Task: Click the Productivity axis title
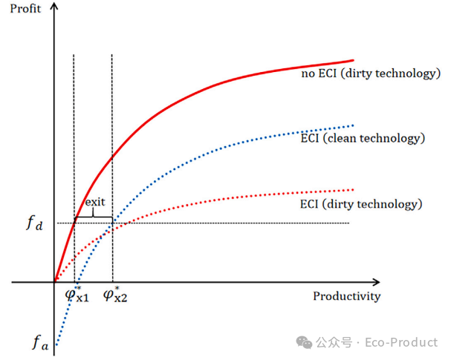click(x=346, y=297)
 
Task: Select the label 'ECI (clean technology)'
click(x=363, y=139)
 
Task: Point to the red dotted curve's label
click(x=361, y=204)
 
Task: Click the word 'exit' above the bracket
click(x=94, y=202)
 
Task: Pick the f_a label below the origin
click(x=39, y=342)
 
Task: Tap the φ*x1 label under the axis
click(x=77, y=296)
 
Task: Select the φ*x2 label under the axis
click(x=116, y=296)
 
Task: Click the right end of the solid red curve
click(x=351, y=60)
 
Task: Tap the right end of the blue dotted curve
click(x=354, y=125)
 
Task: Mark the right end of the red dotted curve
click(x=354, y=189)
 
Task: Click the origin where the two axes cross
click(x=54, y=282)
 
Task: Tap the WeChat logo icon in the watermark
click(x=305, y=342)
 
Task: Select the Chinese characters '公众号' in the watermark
click(x=333, y=342)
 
